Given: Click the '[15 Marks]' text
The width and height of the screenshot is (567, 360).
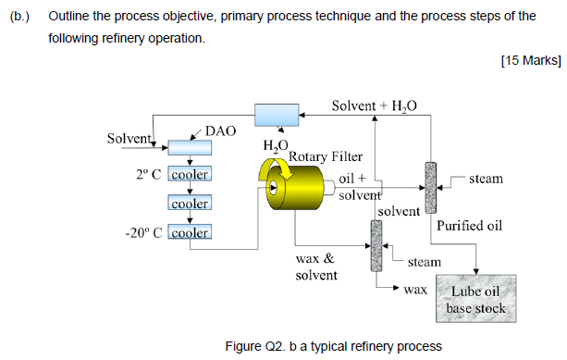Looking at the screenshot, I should click(x=529, y=60).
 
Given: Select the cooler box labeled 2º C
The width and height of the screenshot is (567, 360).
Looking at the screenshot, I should click(x=189, y=173).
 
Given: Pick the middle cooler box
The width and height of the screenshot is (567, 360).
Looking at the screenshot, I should click(x=189, y=203).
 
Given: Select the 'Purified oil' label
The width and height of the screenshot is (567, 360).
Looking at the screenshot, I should click(x=469, y=225).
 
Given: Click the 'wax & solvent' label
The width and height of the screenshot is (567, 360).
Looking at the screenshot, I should click(x=315, y=267).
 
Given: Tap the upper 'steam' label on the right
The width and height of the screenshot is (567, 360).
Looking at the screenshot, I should click(x=486, y=178).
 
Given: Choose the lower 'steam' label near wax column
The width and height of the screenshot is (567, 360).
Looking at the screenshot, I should click(x=425, y=263).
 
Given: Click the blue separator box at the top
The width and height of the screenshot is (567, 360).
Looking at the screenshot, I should click(x=277, y=115).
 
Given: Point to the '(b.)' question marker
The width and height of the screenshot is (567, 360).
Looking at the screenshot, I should click(x=21, y=17).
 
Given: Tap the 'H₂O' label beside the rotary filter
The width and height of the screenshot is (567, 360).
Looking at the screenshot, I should click(x=276, y=145).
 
